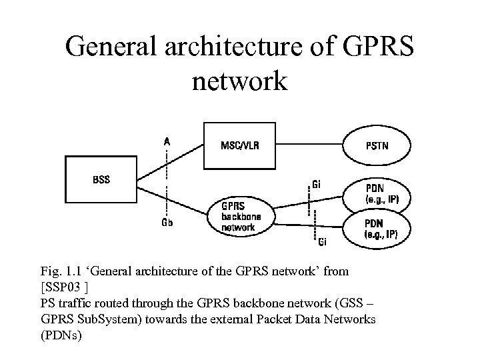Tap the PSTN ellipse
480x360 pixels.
tap(377, 145)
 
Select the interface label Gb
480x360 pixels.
tap(167, 223)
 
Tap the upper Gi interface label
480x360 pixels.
tap(318, 183)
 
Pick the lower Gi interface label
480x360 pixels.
tap(321, 241)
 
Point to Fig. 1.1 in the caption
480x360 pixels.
tap(57, 271)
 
